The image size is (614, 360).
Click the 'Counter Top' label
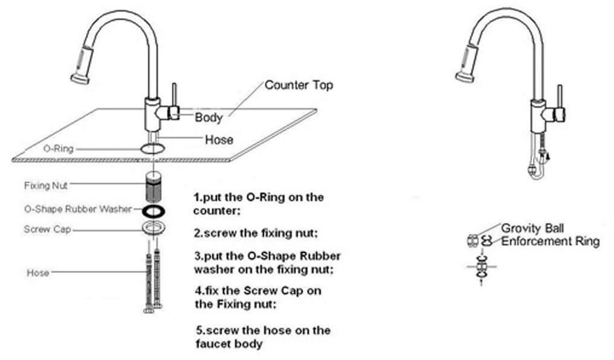(299, 85)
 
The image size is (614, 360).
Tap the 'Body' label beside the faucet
(208, 117)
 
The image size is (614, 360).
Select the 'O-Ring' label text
(59, 149)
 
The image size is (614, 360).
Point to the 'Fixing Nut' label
(46, 185)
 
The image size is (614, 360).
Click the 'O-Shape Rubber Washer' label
(78, 209)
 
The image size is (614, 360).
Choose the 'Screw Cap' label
(47, 230)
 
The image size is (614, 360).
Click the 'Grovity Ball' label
(532, 228)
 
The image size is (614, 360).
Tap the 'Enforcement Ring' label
(550, 241)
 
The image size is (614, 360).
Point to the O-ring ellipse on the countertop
(153, 144)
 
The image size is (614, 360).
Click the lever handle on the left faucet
(175, 101)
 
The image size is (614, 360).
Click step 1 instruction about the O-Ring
(258, 204)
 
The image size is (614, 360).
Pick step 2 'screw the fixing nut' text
(256, 234)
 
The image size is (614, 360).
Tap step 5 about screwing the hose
(263, 337)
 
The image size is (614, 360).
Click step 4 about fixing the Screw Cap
(258, 297)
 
